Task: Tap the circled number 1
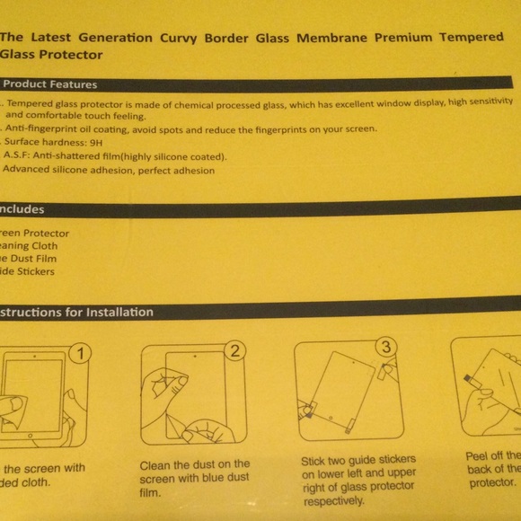[x=81, y=353]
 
